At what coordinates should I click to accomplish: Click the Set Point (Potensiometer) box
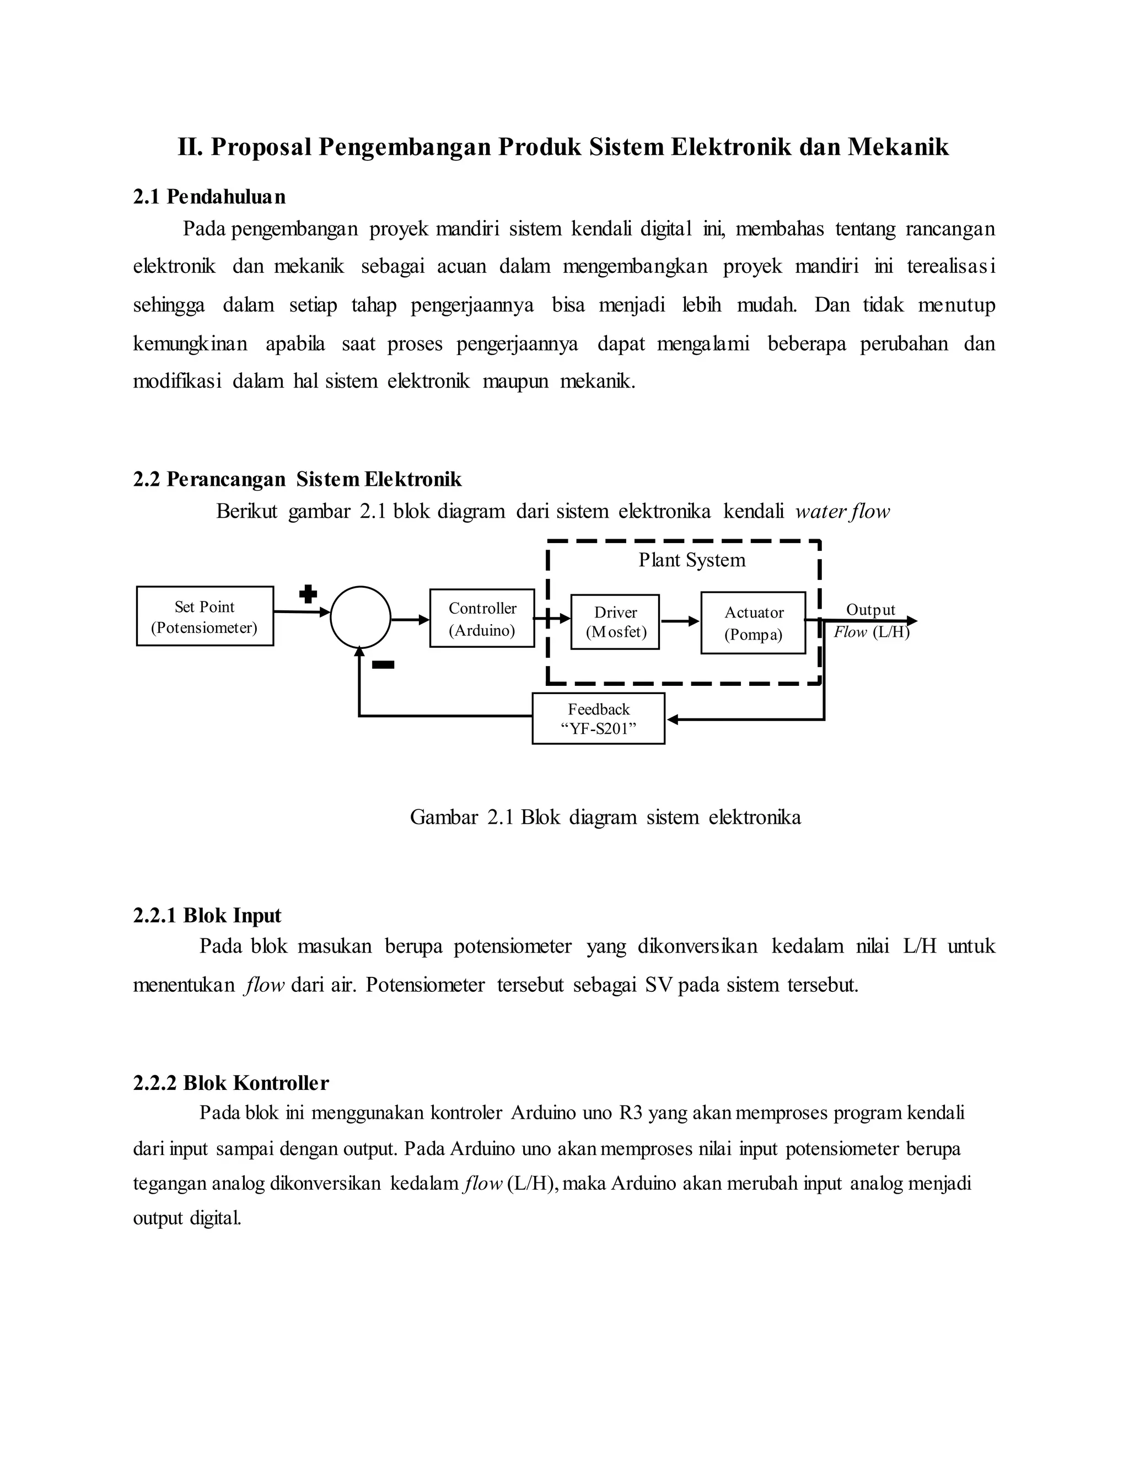(205, 616)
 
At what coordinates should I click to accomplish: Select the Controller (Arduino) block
(482, 618)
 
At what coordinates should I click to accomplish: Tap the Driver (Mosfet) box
(615, 621)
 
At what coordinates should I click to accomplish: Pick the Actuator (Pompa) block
(753, 623)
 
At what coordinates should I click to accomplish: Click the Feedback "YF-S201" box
(598, 718)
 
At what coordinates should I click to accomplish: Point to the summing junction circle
(361, 617)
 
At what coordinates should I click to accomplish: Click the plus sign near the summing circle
(308, 593)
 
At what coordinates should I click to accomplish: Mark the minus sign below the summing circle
(383, 664)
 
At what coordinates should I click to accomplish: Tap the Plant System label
(692, 560)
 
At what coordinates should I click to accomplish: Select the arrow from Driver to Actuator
(680, 621)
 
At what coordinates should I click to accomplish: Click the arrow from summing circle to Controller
(410, 620)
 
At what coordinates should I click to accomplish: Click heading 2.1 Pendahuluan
(209, 197)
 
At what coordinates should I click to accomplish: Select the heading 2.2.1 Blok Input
(207, 915)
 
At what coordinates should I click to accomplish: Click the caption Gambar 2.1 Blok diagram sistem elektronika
(605, 817)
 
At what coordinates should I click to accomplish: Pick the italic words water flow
(842, 512)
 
